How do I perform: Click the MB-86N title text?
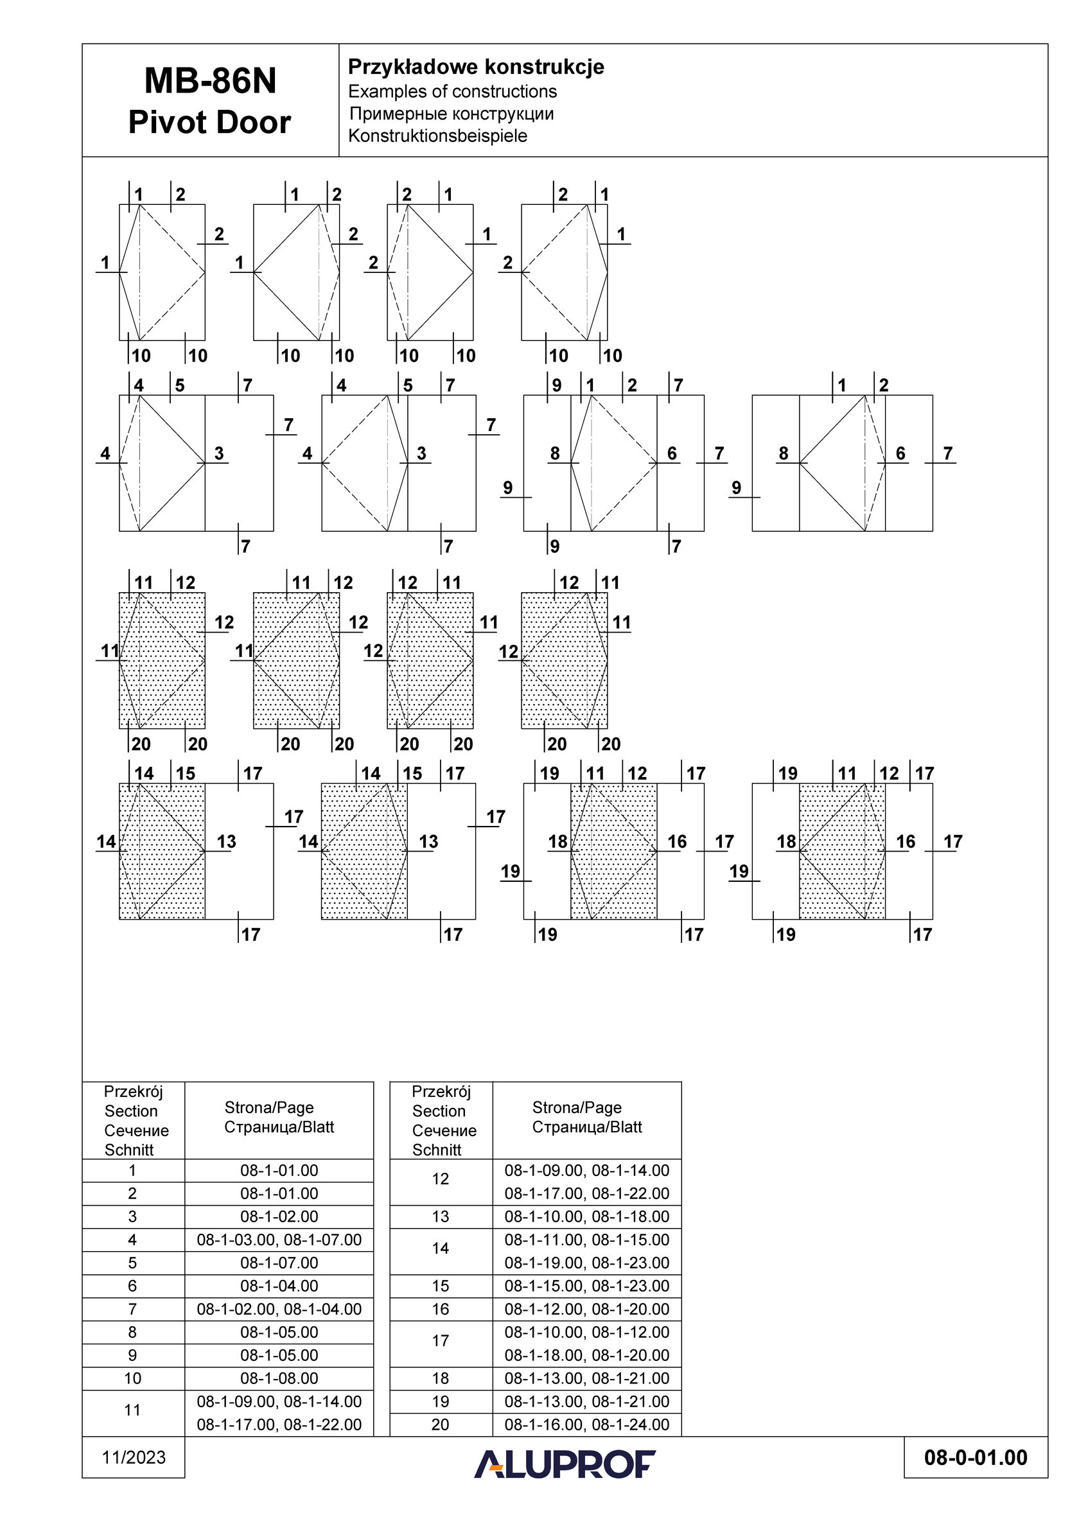click(x=210, y=81)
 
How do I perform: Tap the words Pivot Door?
click(x=210, y=123)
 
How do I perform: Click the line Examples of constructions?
click(x=452, y=91)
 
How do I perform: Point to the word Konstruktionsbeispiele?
click(x=437, y=136)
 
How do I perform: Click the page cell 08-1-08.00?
click(x=279, y=1378)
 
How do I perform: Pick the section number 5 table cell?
click(x=132, y=1263)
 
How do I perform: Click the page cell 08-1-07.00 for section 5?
click(x=279, y=1263)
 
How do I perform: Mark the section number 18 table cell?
click(x=441, y=1378)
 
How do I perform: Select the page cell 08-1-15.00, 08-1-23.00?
click(x=586, y=1286)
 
